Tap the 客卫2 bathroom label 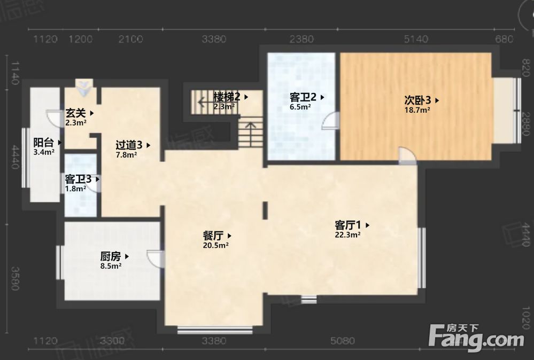click(x=303, y=97)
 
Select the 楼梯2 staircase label click(x=227, y=97)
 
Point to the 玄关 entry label click(x=76, y=113)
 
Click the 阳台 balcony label click(x=44, y=143)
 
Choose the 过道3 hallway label click(x=129, y=145)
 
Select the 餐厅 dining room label click(x=213, y=236)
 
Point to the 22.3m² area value click(x=347, y=234)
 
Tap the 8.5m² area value click(x=111, y=265)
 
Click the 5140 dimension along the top click(x=416, y=39)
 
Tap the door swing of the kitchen click(x=154, y=259)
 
